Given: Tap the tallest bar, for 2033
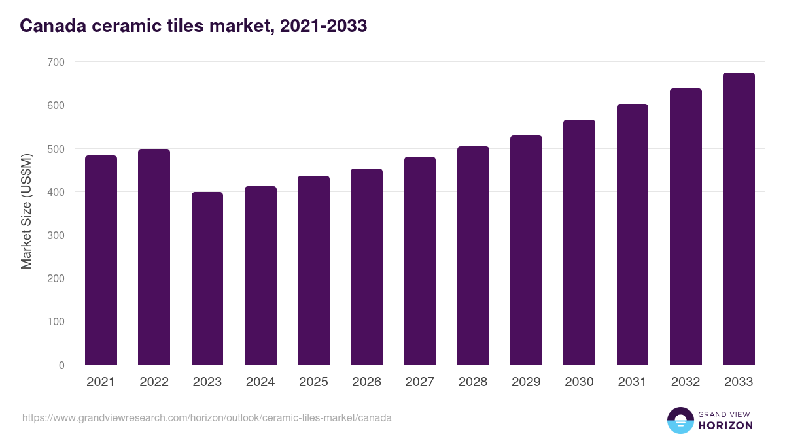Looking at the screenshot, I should coord(739,219).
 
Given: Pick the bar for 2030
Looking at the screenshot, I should coord(579,242).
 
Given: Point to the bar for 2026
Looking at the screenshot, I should coord(366,267).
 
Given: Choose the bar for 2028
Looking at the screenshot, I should coord(473,255).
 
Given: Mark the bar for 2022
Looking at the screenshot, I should coord(154,257).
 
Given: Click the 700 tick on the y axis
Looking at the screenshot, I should coord(56,62).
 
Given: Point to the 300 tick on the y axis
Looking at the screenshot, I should coord(56,235).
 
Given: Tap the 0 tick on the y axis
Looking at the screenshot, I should coord(61,365).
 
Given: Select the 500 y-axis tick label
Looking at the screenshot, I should coord(56,149).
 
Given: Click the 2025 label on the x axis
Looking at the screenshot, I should coord(313,382).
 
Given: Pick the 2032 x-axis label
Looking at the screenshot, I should coord(686,382).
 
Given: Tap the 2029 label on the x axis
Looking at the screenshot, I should coord(526,382).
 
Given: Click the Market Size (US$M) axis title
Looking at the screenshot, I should coord(26,210).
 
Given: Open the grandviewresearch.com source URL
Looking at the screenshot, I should coord(207,417).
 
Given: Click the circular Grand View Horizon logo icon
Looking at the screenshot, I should coord(680,420).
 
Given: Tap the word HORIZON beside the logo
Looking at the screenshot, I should coord(725,425).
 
